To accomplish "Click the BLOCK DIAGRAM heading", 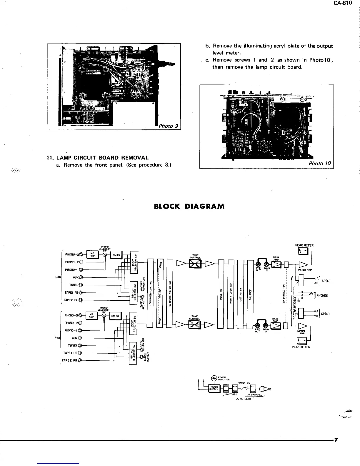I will tap(189, 206).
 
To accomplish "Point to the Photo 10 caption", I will tap(320, 163).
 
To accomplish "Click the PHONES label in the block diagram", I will tap(322, 296).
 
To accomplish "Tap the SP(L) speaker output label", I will tap(326, 281).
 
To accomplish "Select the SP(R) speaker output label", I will tap(326, 314).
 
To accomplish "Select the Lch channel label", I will tap(58, 277).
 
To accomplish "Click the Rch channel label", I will tap(57, 338).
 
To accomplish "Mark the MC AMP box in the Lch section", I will tap(92, 254).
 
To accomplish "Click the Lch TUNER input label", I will tap(74, 285).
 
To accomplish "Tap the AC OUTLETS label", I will tap(243, 399).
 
